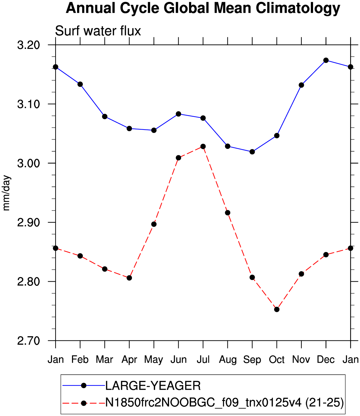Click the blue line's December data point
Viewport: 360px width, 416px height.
(326, 60)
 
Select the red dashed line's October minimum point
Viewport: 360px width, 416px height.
(277, 309)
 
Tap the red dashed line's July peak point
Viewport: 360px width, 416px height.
(203, 146)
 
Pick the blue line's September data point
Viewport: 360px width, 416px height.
(252, 152)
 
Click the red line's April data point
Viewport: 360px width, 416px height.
(129, 278)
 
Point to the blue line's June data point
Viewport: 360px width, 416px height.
(178, 114)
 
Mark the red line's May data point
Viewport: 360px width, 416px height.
(154, 224)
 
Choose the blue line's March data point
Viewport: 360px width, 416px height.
(105, 117)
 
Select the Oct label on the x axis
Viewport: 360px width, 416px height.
(277, 360)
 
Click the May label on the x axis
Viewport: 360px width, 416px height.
(154, 360)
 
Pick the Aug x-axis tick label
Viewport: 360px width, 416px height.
(227, 360)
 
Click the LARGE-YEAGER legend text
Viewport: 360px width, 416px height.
(153, 386)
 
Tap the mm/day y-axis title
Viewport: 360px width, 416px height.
(6, 193)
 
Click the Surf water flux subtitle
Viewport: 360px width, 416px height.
(98, 31)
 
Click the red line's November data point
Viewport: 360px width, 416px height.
(301, 274)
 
